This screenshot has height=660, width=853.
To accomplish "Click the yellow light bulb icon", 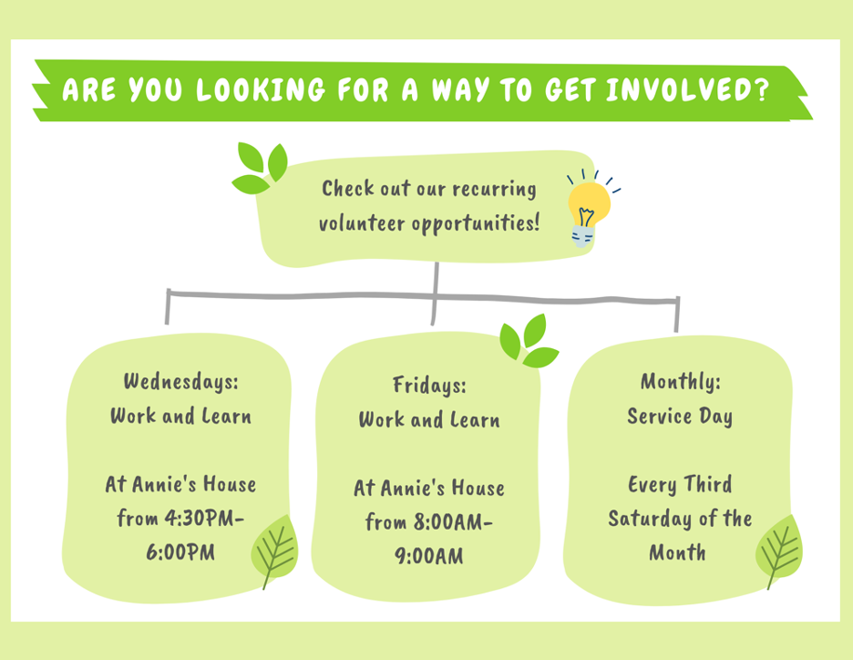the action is tap(589, 210).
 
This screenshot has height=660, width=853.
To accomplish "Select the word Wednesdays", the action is tap(180, 381).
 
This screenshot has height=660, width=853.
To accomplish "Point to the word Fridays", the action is tap(429, 386).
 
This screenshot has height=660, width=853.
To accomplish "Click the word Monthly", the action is tap(680, 381).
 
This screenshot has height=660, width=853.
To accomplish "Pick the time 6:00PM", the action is tap(180, 552).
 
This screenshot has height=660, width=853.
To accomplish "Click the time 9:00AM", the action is tap(429, 556).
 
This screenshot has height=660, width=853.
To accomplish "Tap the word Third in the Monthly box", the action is tap(707, 484).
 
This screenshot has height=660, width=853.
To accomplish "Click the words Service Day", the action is tap(680, 417).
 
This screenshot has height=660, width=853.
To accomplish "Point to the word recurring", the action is tap(495, 190).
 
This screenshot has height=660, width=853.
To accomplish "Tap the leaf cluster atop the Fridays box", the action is tap(529, 342).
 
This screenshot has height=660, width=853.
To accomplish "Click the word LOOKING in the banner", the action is tap(261, 89).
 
